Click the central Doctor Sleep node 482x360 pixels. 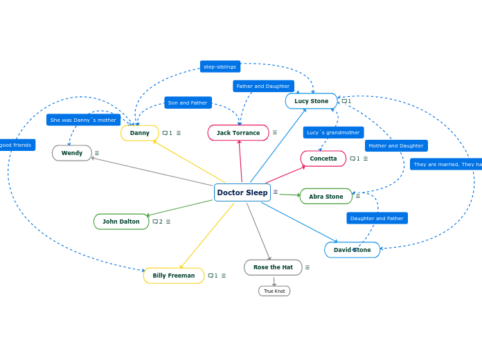242,192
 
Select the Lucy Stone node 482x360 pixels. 311,101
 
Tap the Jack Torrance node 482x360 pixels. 238,133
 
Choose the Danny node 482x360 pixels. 139,133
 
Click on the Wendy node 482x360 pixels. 72,153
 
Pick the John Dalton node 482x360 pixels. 121,222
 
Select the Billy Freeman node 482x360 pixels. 173,276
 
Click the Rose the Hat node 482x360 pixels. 273,267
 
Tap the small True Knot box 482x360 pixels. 274,291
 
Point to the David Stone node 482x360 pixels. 352,250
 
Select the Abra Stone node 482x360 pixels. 325,197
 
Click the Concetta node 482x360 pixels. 323,159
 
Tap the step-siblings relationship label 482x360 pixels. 220,66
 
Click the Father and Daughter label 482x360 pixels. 263,86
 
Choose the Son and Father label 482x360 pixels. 188,102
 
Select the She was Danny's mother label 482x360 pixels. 83,120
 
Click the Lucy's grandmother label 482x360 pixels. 333,132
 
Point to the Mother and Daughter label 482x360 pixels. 396,145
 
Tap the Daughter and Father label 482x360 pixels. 377,218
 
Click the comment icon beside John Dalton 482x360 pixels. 155,222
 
